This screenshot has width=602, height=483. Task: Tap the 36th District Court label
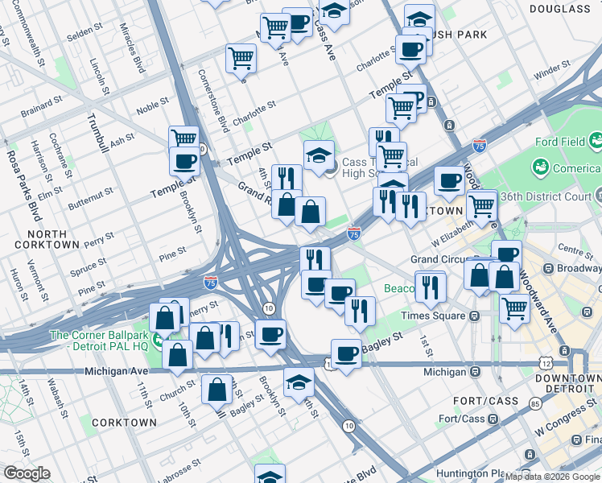(x=555, y=196)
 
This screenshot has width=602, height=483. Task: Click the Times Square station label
(x=439, y=316)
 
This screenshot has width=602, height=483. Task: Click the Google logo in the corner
(x=27, y=473)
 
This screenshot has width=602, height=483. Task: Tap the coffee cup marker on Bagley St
(x=346, y=353)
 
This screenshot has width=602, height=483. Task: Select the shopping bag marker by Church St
(x=177, y=353)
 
